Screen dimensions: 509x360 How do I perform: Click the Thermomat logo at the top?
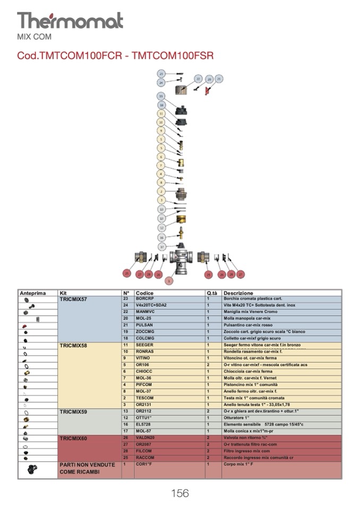point(70,21)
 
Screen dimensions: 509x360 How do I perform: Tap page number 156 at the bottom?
point(179,493)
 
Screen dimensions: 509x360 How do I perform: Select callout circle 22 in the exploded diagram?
point(198,79)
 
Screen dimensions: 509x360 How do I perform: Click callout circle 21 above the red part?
point(219,79)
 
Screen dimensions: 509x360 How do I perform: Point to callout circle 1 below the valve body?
point(169,280)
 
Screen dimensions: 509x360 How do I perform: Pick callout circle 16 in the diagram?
point(161,237)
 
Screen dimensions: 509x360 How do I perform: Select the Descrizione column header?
point(238,293)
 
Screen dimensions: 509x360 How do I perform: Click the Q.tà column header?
point(211,293)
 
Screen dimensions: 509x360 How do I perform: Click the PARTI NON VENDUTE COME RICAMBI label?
point(87,468)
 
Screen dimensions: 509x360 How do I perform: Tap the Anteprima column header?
point(33,293)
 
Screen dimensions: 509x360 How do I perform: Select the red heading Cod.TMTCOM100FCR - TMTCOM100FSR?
point(115,56)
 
